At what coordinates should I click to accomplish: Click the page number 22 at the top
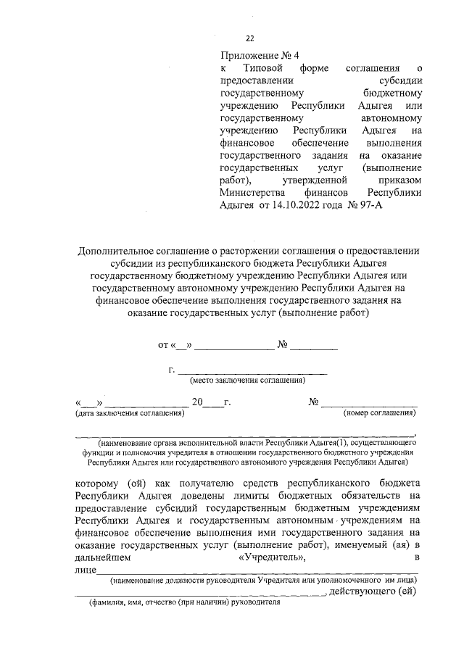[250, 39]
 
